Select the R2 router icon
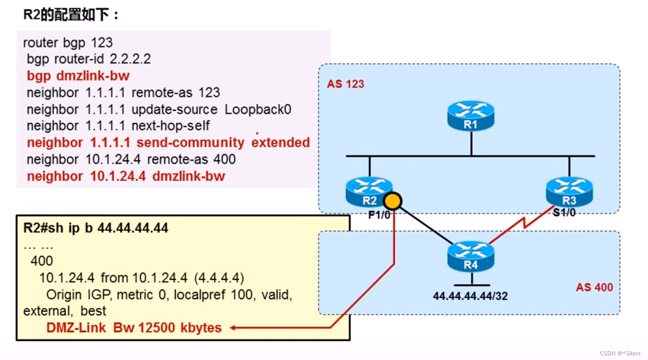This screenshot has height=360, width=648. pyautogui.click(x=369, y=191)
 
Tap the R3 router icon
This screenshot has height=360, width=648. pyautogui.click(x=569, y=191)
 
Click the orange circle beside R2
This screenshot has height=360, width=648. pyautogui.click(x=393, y=201)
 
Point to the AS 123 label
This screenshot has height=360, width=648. pyautogui.click(x=345, y=84)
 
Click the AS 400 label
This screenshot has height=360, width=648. pyautogui.click(x=594, y=287)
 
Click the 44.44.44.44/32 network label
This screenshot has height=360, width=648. pyautogui.click(x=470, y=296)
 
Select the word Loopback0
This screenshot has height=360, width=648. pyautogui.click(x=258, y=110)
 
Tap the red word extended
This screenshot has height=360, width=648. pyautogui.click(x=281, y=143)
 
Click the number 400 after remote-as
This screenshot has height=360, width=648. pyautogui.click(x=224, y=159)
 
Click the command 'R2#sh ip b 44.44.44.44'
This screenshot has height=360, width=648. pyautogui.click(x=96, y=228)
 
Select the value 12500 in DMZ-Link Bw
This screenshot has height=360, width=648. pyautogui.click(x=157, y=328)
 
